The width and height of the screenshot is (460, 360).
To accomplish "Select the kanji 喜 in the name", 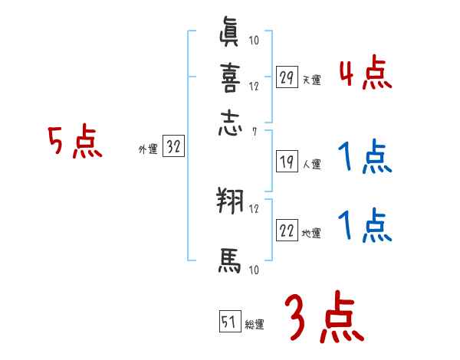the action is (230, 78).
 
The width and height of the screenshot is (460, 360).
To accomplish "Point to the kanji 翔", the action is (230, 203).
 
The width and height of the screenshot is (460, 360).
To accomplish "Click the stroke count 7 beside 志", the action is (254, 133).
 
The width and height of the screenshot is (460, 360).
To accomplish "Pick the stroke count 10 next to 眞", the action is (254, 41).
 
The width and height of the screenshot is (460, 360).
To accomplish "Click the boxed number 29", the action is (287, 77).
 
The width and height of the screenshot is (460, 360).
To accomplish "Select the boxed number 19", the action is (287, 161).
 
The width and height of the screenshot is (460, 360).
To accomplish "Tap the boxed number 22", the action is (287, 231).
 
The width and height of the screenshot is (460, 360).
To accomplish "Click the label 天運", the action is (312, 80).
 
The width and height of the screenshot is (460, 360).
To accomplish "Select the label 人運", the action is (312, 164).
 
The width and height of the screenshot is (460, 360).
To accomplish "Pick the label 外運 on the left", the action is (148, 150).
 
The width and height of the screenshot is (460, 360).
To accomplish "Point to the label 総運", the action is (254, 324).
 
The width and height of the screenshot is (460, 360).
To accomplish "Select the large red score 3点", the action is (323, 318).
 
